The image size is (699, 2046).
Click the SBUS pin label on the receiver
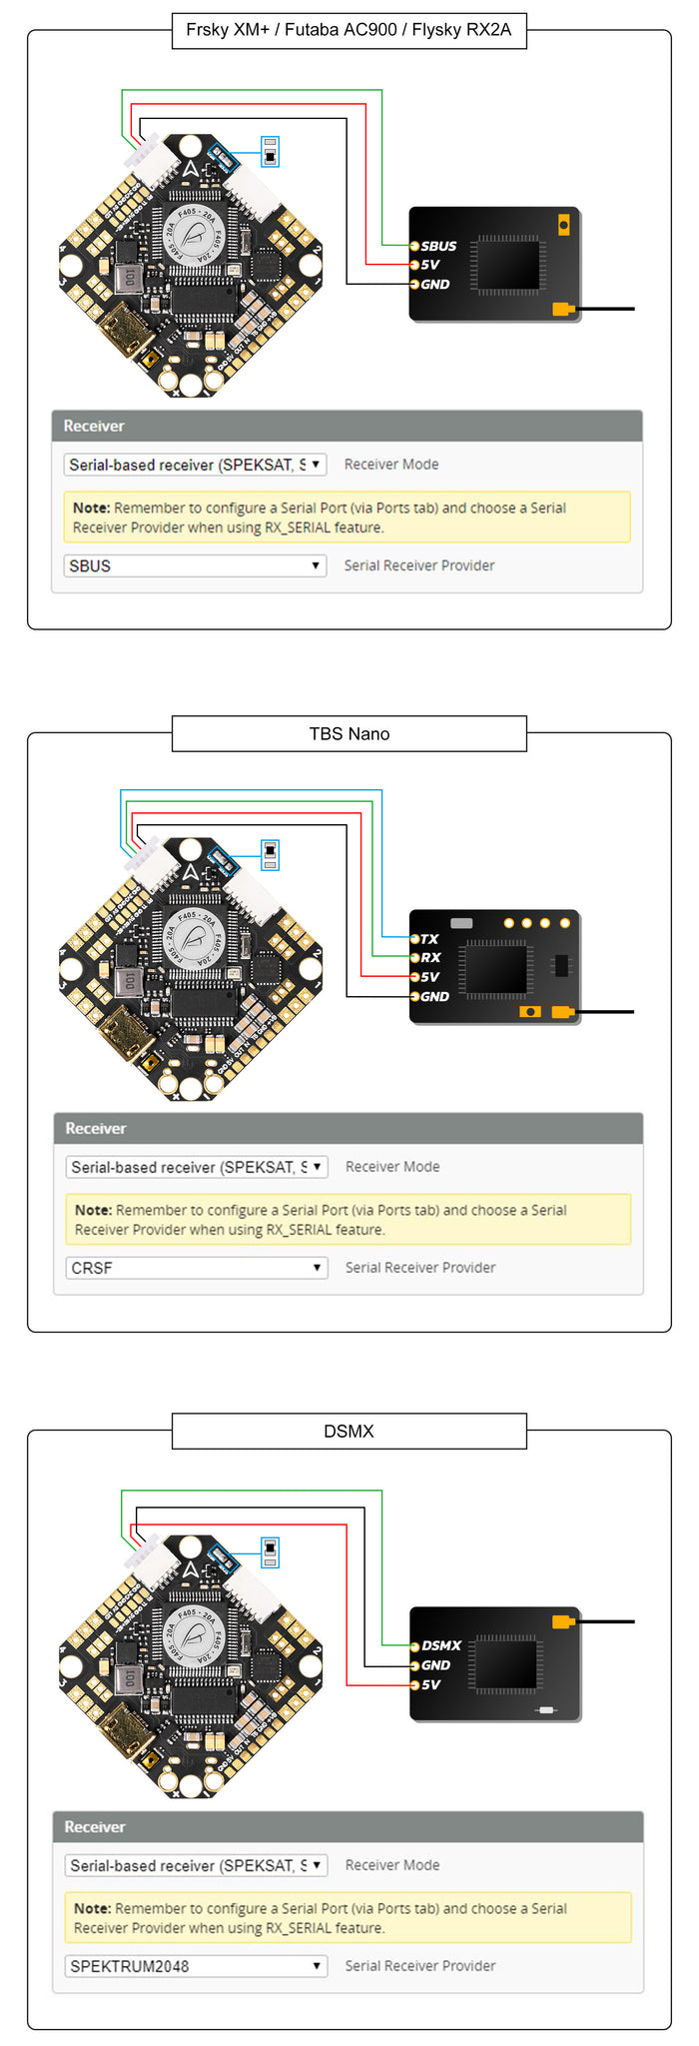[438, 246]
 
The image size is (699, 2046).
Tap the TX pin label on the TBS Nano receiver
[429, 939]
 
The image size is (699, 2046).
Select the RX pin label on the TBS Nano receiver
[430, 958]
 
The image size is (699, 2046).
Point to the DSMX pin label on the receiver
[441, 1645]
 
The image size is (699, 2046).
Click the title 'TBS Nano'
[349, 734]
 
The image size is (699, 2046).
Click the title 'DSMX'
[349, 1432]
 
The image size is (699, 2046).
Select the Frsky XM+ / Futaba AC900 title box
[349, 30]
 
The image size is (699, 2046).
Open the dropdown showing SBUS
[196, 566]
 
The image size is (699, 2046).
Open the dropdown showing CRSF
[197, 1269]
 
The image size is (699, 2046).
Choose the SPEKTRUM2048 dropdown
[197, 1966]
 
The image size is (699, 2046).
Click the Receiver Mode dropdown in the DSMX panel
[197, 1865]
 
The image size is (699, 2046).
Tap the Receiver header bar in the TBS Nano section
[348, 1129]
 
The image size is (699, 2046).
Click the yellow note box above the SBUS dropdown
[347, 517]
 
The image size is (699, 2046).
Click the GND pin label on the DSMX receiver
[435, 1665]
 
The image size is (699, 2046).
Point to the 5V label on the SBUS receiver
[430, 265]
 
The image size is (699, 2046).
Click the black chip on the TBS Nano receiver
[496, 968]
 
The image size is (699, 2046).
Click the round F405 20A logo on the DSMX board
[192, 1637]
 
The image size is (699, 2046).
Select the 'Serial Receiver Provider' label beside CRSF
[420, 1268]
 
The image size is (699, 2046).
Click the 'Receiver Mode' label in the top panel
[391, 465]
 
